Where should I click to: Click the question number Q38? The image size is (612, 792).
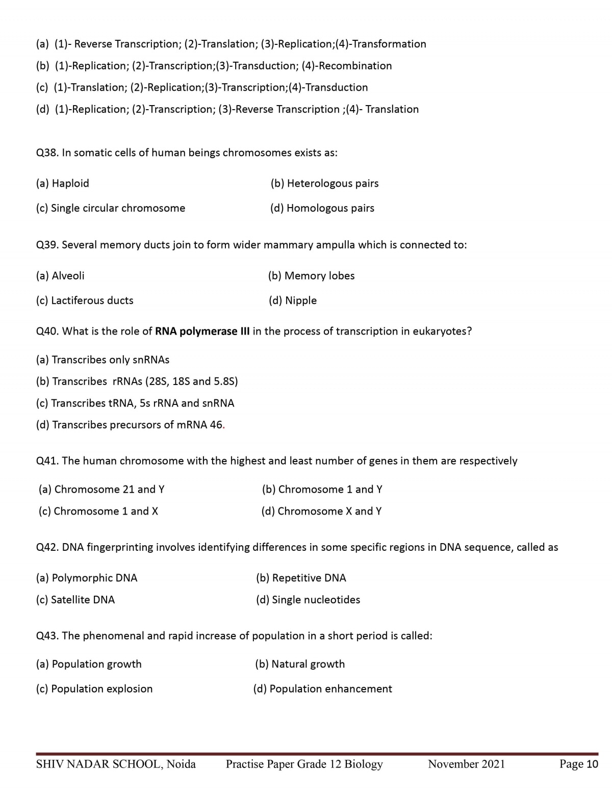pos(47,153)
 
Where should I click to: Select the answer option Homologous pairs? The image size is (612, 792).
pos(322,208)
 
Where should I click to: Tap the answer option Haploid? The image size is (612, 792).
pos(63,184)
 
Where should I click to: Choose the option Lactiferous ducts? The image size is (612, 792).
pos(85,300)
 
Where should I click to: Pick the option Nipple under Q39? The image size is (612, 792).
pos(293,300)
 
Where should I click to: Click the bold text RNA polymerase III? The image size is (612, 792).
pos(202,331)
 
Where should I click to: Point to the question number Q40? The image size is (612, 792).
pos(47,331)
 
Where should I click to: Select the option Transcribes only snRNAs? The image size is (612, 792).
pos(103,360)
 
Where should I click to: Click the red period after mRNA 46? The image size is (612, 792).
pos(224,425)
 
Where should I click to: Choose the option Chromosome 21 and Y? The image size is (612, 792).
pos(101,490)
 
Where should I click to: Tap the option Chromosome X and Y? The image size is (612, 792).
pos(321,511)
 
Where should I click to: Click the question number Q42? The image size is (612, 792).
pos(47,548)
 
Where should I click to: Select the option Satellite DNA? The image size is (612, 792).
pos(75,600)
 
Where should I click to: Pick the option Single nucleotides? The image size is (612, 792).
pos(308,600)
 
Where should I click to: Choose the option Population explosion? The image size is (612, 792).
pos(94,689)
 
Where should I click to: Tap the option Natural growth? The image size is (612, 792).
pos(300,664)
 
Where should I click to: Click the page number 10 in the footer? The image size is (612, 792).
pos(592,764)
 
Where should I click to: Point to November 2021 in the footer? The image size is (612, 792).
pos(467,764)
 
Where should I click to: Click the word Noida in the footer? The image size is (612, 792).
pos(181,764)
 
